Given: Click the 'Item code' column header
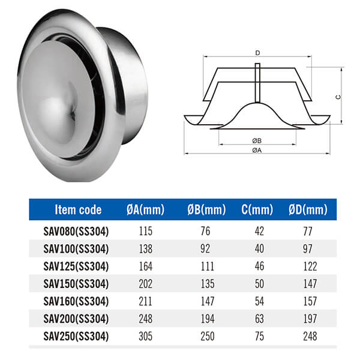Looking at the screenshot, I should (x=78, y=209).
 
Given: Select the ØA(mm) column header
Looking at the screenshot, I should (x=146, y=209).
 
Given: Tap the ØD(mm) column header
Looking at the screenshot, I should (x=308, y=209).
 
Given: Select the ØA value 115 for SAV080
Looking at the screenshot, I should (x=146, y=232).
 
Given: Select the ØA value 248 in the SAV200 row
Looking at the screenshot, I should (x=146, y=319).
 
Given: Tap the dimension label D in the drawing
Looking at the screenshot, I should (x=257, y=53).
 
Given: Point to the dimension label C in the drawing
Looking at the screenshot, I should (x=338, y=96).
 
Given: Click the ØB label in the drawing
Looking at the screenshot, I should (x=257, y=140).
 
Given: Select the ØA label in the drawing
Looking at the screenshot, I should (x=257, y=150).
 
